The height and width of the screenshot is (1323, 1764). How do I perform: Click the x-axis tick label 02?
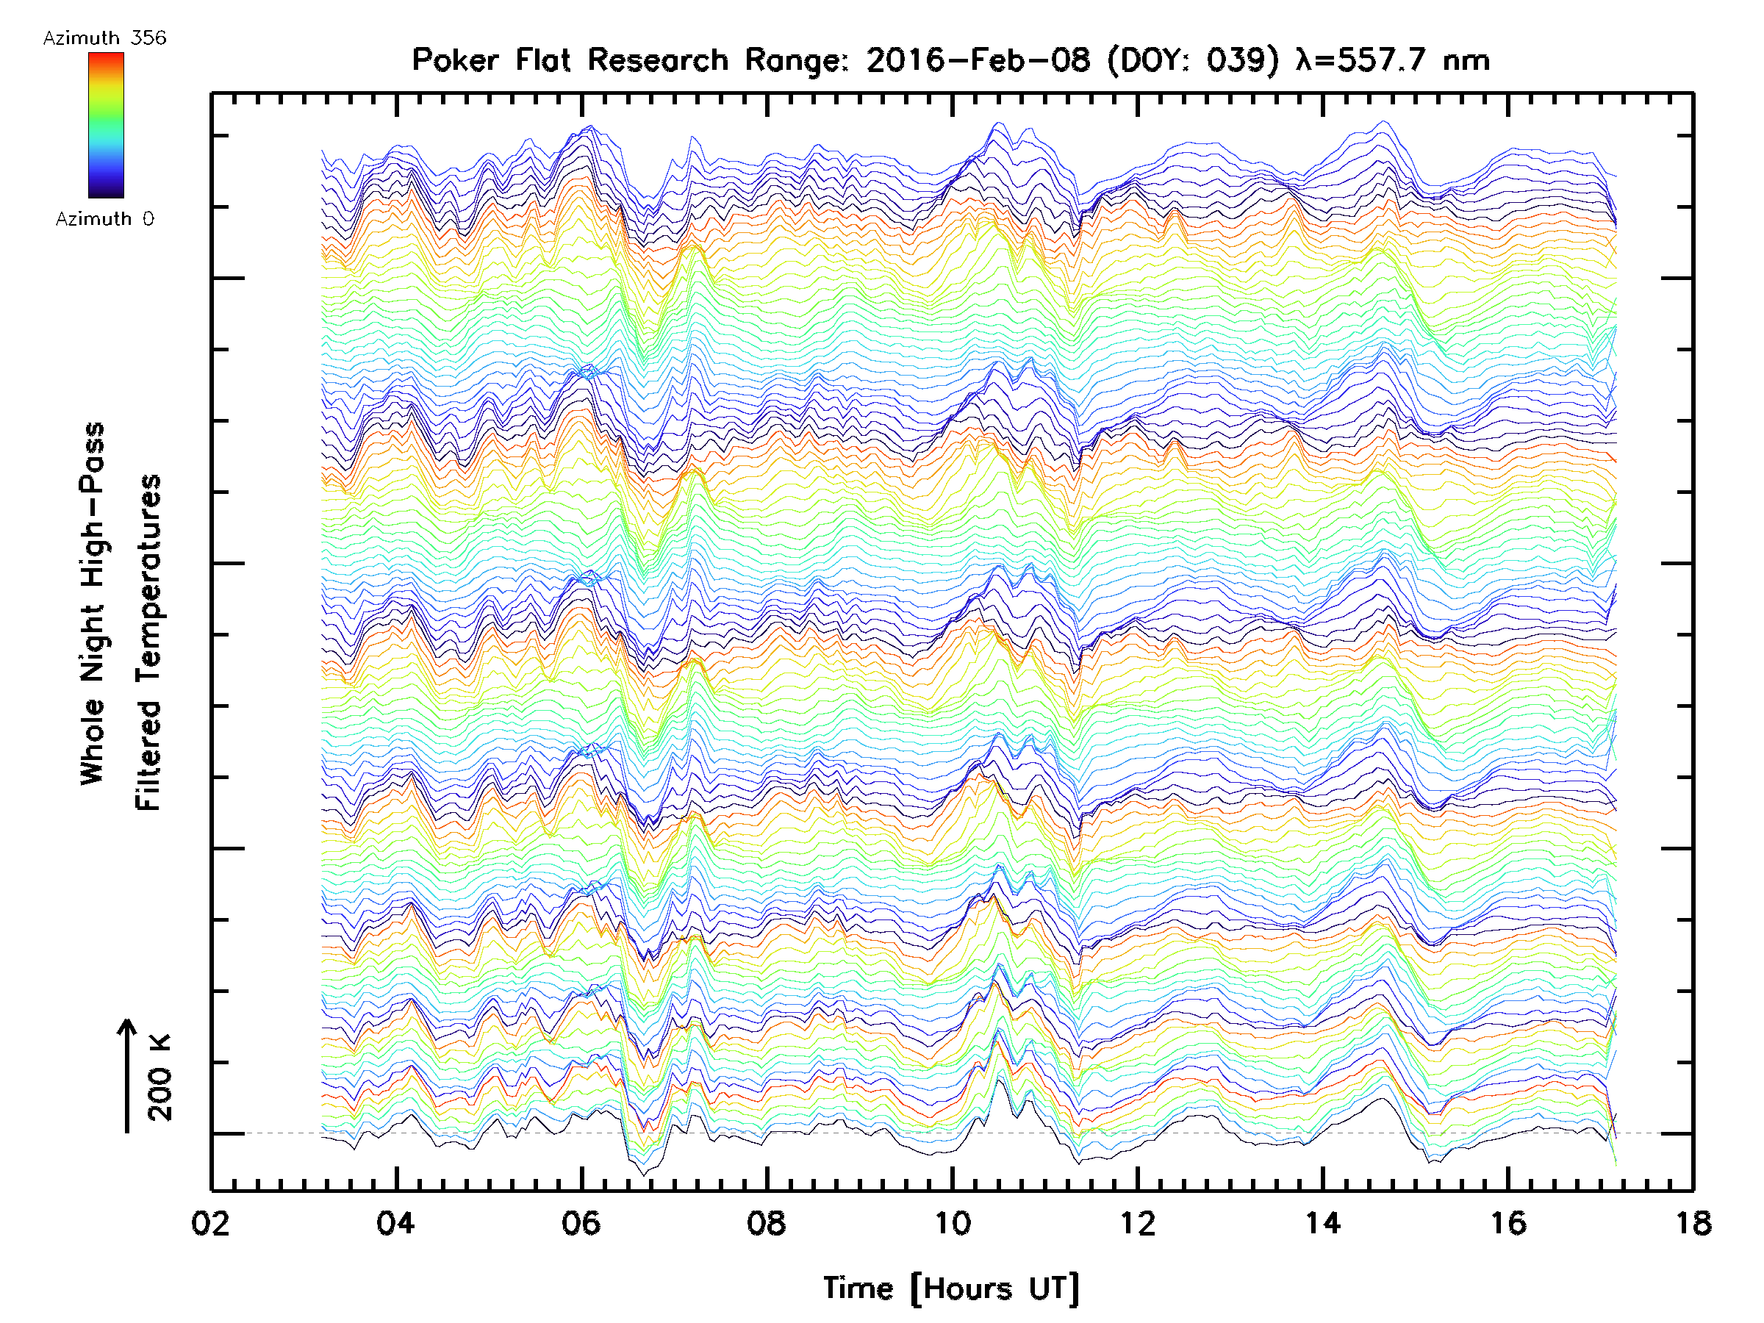[212, 1222]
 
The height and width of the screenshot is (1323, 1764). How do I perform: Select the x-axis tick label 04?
[396, 1222]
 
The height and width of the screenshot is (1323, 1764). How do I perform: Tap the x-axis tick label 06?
[581, 1222]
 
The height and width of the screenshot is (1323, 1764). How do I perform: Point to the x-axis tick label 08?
[767, 1222]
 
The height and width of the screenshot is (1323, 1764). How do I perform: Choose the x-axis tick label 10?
[952, 1222]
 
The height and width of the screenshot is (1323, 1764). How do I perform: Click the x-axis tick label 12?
[1137, 1222]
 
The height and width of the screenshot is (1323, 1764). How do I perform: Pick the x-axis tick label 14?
[1323, 1222]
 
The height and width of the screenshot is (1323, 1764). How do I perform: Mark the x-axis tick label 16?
[1508, 1222]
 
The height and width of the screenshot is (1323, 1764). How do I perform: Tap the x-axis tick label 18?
[1692, 1222]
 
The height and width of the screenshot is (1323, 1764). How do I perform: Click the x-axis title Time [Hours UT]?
[951, 1288]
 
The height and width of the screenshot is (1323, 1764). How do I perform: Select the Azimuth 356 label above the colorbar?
[104, 38]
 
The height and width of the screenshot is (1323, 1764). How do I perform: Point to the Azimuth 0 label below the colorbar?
[104, 218]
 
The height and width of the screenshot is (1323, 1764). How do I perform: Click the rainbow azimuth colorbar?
[106, 124]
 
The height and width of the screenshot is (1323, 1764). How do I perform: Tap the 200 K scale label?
[160, 1078]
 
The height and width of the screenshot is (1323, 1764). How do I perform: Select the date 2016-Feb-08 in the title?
[978, 60]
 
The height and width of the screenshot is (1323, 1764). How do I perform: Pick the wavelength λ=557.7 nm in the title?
[1392, 60]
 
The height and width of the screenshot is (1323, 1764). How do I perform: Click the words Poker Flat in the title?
[490, 60]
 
